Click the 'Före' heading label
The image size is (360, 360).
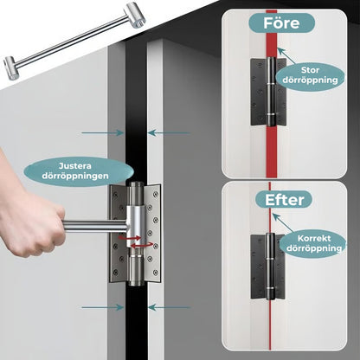(x=281, y=22)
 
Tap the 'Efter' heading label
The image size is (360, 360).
(x=284, y=200)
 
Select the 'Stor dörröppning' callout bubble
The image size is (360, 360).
(x=311, y=75)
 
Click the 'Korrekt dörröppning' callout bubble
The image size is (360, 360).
(x=314, y=243)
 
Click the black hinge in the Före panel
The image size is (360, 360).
(x=268, y=91)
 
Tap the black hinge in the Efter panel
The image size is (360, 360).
(x=268, y=266)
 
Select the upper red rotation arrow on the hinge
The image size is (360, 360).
(x=130, y=238)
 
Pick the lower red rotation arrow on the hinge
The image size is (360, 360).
(x=142, y=245)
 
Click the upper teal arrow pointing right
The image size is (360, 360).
(x=102, y=133)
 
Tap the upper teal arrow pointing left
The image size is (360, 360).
(x=169, y=133)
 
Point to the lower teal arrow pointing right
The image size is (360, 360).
(x=102, y=307)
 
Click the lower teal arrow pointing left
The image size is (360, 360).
(x=170, y=307)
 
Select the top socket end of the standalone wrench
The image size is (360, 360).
(x=135, y=15)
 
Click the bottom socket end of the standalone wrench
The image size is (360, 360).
(x=12, y=67)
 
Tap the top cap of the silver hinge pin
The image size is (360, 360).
(x=136, y=184)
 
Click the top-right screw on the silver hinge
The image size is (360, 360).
(x=156, y=194)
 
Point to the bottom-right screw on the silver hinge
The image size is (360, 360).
(x=156, y=272)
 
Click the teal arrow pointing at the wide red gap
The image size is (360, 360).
(x=286, y=55)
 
